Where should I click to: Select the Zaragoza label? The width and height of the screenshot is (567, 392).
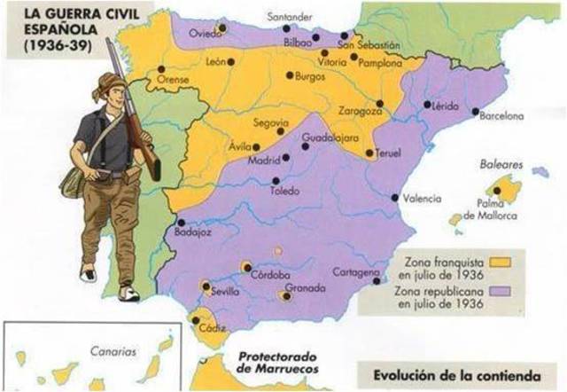click(x=359, y=113)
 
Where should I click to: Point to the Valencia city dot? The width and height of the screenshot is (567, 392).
click(x=395, y=197)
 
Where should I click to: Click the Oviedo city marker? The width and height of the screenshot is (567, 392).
click(x=222, y=27)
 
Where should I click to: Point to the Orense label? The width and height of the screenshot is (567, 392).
click(x=174, y=79)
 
